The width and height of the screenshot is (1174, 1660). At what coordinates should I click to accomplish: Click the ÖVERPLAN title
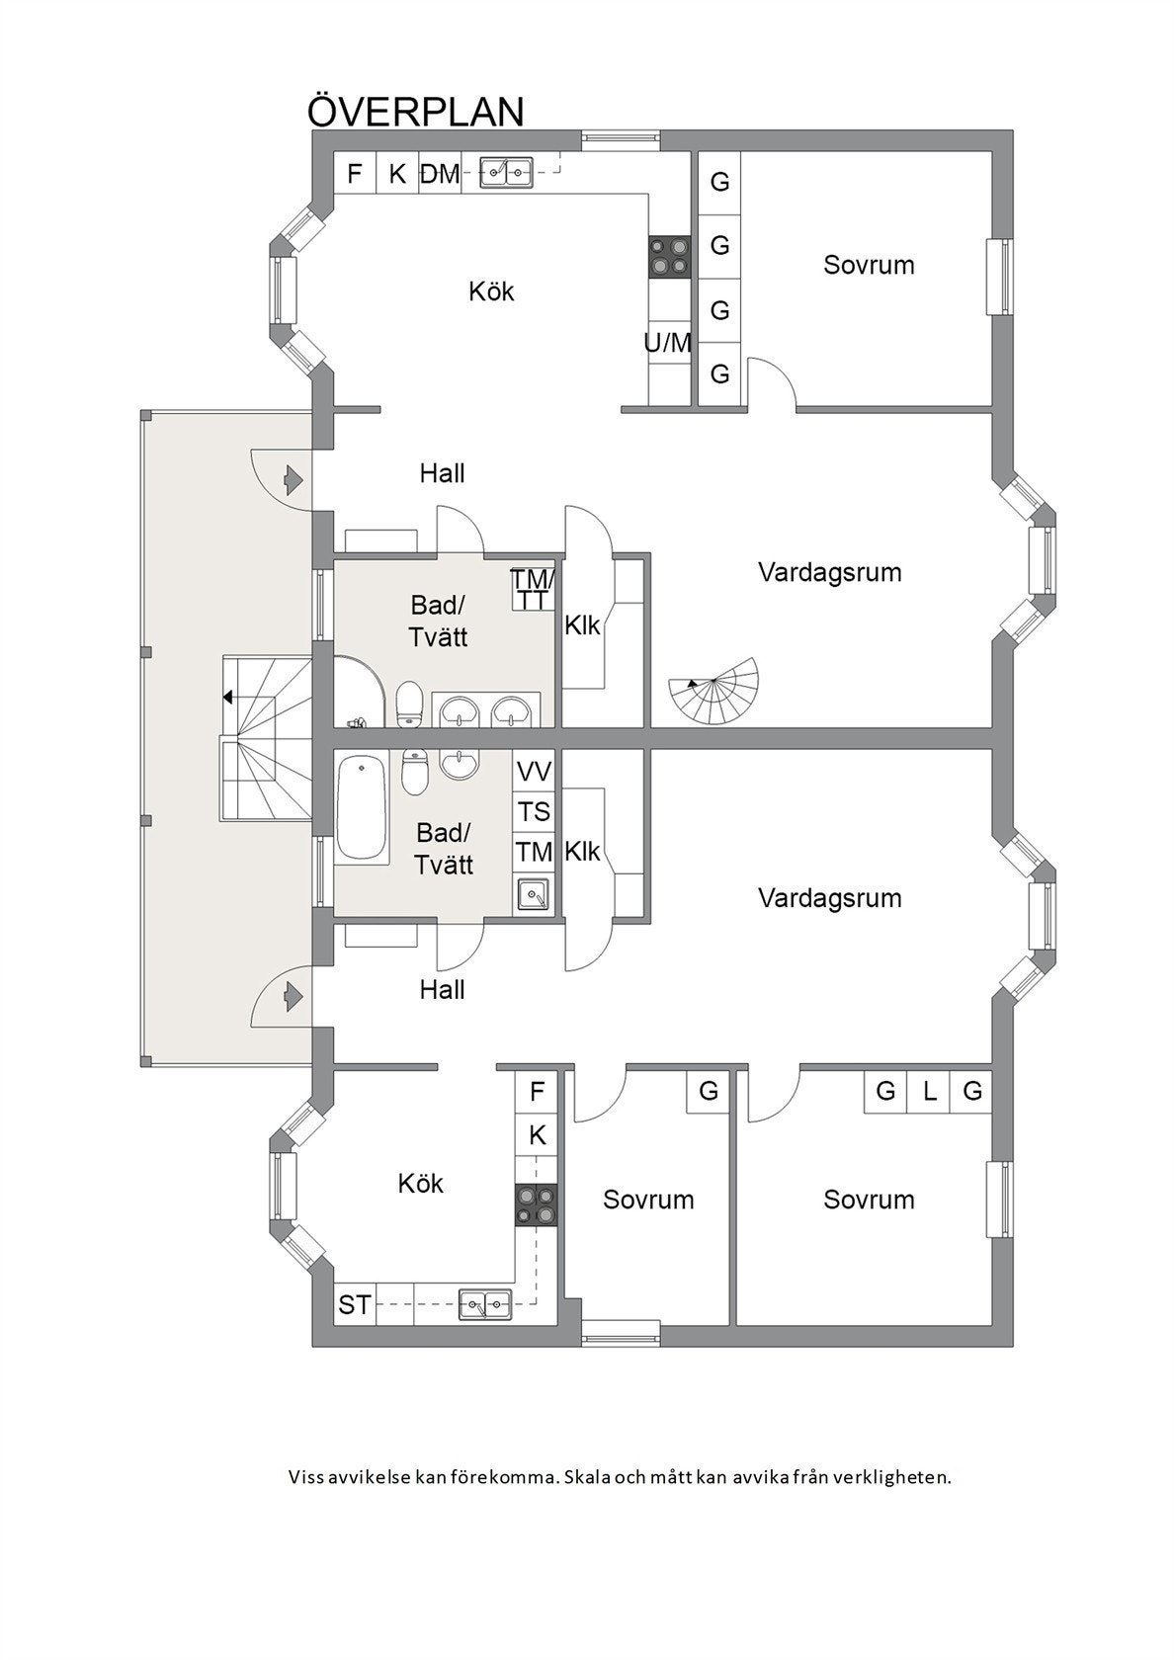[416, 111]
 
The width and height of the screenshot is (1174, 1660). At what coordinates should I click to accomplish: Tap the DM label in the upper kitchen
[441, 174]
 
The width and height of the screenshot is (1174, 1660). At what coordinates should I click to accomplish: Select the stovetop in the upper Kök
[670, 257]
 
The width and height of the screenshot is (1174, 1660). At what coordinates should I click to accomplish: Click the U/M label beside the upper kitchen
[668, 343]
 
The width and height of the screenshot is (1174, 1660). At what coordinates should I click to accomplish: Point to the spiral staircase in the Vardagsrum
[714, 693]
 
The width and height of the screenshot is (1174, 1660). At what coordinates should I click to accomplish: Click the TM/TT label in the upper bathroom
[533, 589]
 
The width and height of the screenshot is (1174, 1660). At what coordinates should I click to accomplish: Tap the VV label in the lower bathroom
[535, 773]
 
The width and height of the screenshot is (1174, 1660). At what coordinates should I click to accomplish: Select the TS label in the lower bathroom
[535, 812]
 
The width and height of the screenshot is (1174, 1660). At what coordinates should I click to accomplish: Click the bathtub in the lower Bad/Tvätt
[362, 807]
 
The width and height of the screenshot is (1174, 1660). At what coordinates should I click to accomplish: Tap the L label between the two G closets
[929, 1091]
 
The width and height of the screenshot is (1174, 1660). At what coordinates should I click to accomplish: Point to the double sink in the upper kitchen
[506, 174]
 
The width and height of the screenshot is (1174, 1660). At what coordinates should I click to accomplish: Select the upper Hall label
[443, 472]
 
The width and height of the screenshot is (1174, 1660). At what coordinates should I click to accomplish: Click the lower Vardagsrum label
[830, 898]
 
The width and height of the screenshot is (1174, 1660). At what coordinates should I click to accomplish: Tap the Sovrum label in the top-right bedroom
[869, 265]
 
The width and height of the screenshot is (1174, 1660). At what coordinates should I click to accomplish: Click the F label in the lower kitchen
[538, 1091]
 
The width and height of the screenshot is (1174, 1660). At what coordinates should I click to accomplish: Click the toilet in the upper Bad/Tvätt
[409, 704]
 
